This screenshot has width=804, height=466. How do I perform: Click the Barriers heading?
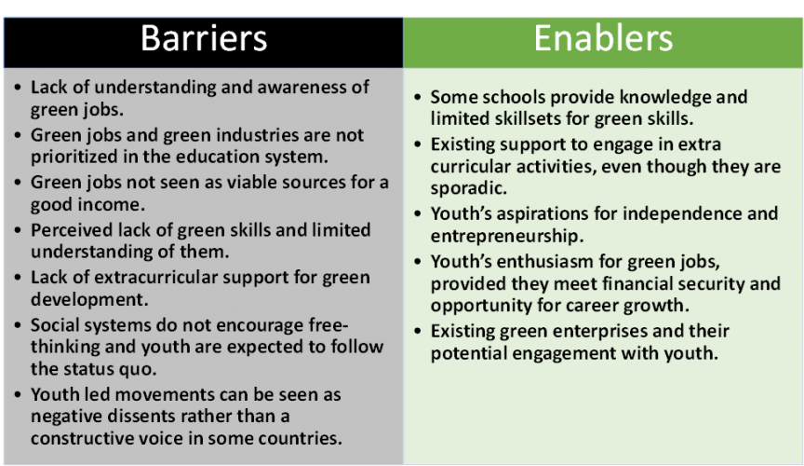pos(204,38)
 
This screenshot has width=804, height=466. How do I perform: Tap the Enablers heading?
pos(603,38)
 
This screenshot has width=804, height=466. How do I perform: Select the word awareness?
pos(301,88)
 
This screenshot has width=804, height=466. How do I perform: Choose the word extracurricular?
pos(154,278)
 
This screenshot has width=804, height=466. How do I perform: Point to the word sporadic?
pos(469,188)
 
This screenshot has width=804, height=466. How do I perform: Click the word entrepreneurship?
pos(507,237)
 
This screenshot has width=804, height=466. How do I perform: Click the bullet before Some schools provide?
pos(418,97)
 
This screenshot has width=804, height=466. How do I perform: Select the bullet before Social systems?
pos(18,325)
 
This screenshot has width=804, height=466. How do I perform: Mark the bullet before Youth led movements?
pos(18,394)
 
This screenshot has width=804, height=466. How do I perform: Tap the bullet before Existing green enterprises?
pos(418,331)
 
